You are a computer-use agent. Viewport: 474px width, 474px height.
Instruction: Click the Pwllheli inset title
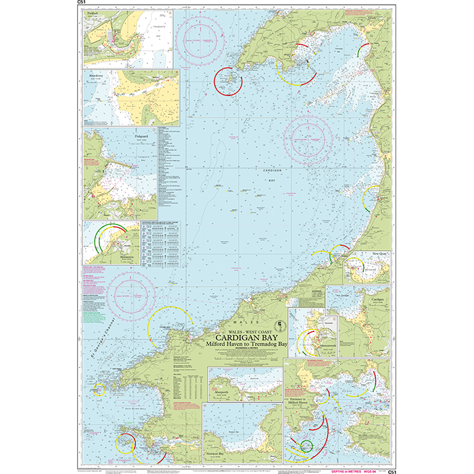pos(93,14)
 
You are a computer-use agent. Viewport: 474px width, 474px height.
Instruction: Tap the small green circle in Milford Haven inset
pos(306,445)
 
